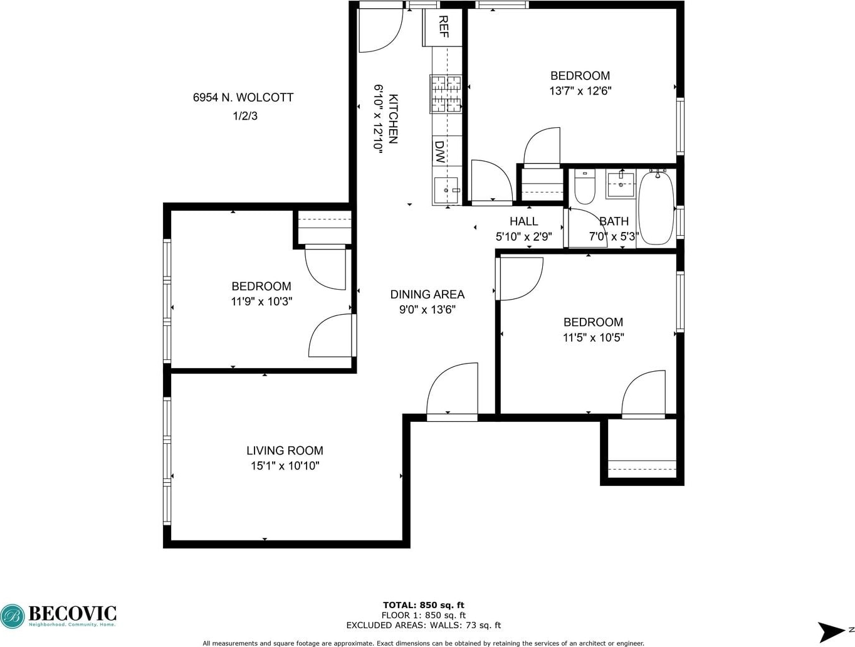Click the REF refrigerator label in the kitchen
point(443,26)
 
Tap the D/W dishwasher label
point(439,152)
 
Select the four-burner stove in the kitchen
point(446,94)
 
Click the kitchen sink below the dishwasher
point(446,191)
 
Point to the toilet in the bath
point(585,187)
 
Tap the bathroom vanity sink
point(620,185)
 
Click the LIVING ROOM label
point(285,451)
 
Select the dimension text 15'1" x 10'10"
point(285,466)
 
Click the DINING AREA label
point(427,295)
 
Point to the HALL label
point(524,221)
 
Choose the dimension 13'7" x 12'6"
point(580,91)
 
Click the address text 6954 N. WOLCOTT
point(243,97)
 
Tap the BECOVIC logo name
point(73,614)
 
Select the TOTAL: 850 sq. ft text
point(424,605)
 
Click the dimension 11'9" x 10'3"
point(261,302)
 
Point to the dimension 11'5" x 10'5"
point(593,337)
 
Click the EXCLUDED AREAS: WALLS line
point(424,625)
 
